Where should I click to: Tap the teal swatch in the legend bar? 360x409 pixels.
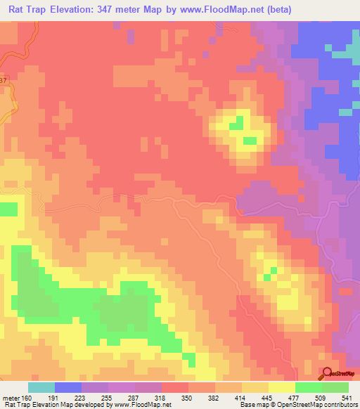[x=41, y=387]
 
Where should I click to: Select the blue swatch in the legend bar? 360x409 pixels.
[x=68, y=387]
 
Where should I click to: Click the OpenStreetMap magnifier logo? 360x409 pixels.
[x=327, y=373]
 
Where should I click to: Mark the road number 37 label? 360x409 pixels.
[x=4, y=81]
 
